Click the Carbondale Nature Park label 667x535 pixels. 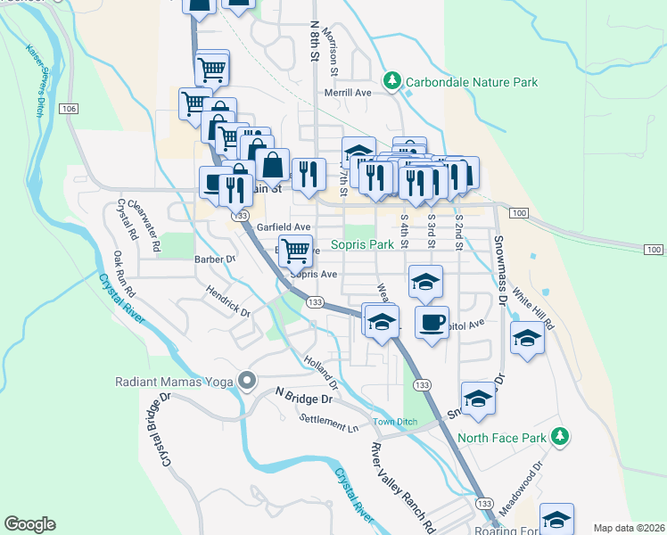(472, 82)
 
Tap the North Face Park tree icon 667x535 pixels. (559, 436)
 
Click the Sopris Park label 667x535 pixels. (362, 243)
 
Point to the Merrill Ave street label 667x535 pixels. (347, 92)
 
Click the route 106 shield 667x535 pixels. (70, 108)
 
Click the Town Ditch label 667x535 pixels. (395, 422)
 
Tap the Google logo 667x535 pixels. (29, 524)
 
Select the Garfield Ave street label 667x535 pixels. (284, 227)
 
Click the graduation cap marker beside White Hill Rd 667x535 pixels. (527, 337)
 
